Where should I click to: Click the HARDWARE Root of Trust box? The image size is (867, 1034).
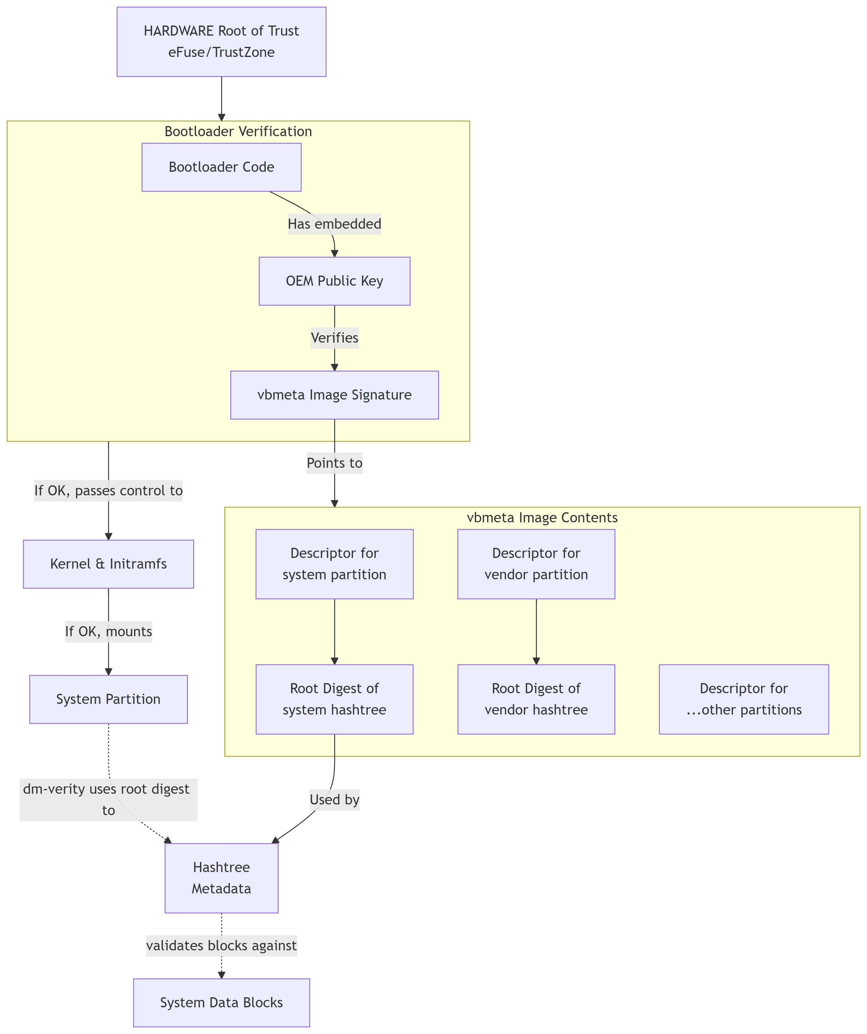pyautogui.click(x=221, y=42)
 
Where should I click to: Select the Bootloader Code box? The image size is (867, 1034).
pyautogui.click(x=221, y=167)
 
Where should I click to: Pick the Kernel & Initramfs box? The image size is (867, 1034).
pyautogui.click(x=108, y=564)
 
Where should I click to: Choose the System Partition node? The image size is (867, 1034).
pyautogui.click(x=108, y=699)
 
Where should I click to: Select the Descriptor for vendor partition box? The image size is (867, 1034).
pyautogui.click(x=536, y=564)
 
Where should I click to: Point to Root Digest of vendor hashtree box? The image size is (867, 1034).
pyautogui.click(x=536, y=699)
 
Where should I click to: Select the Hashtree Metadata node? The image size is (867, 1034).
pyautogui.click(x=221, y=878)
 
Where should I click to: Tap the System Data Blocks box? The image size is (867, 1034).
pyautogui.click(x=221, y=1003)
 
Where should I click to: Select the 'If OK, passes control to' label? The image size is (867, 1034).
pyautogui.click(x=108, y=490)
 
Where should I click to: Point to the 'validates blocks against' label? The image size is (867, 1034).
pyautogui.click(x=221, y=945)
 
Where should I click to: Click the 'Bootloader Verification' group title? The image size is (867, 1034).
pyautogui.click(x=238, y=131)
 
